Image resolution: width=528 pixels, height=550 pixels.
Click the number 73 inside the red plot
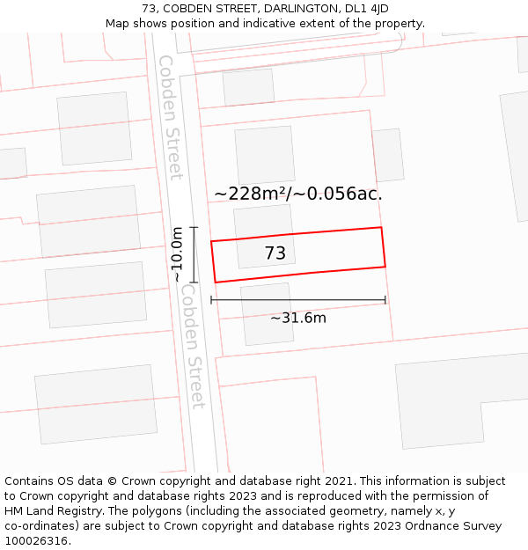tap(275, 253)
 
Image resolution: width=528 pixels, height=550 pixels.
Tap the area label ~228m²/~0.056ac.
tap(298, 194)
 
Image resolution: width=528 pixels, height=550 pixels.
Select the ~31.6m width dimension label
tap(298, 318)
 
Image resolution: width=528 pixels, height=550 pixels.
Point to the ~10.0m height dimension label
tap(177, 254)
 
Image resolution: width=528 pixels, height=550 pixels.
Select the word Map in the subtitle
tap(118, 24)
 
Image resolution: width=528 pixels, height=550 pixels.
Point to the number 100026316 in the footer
tap(34, 541)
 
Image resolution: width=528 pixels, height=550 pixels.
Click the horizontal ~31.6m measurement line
tap(298, 300)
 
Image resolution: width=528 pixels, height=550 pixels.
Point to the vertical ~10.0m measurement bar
tap(194, 254)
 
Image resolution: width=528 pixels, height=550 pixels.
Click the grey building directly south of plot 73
tap(268, 313)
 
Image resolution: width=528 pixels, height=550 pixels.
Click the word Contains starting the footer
tap(29, 481)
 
